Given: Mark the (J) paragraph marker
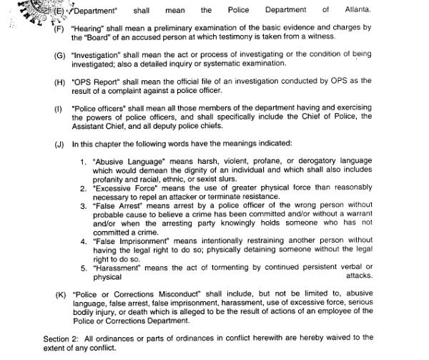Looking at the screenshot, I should pos(59,144).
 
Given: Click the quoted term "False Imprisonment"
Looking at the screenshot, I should pos(129,241).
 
